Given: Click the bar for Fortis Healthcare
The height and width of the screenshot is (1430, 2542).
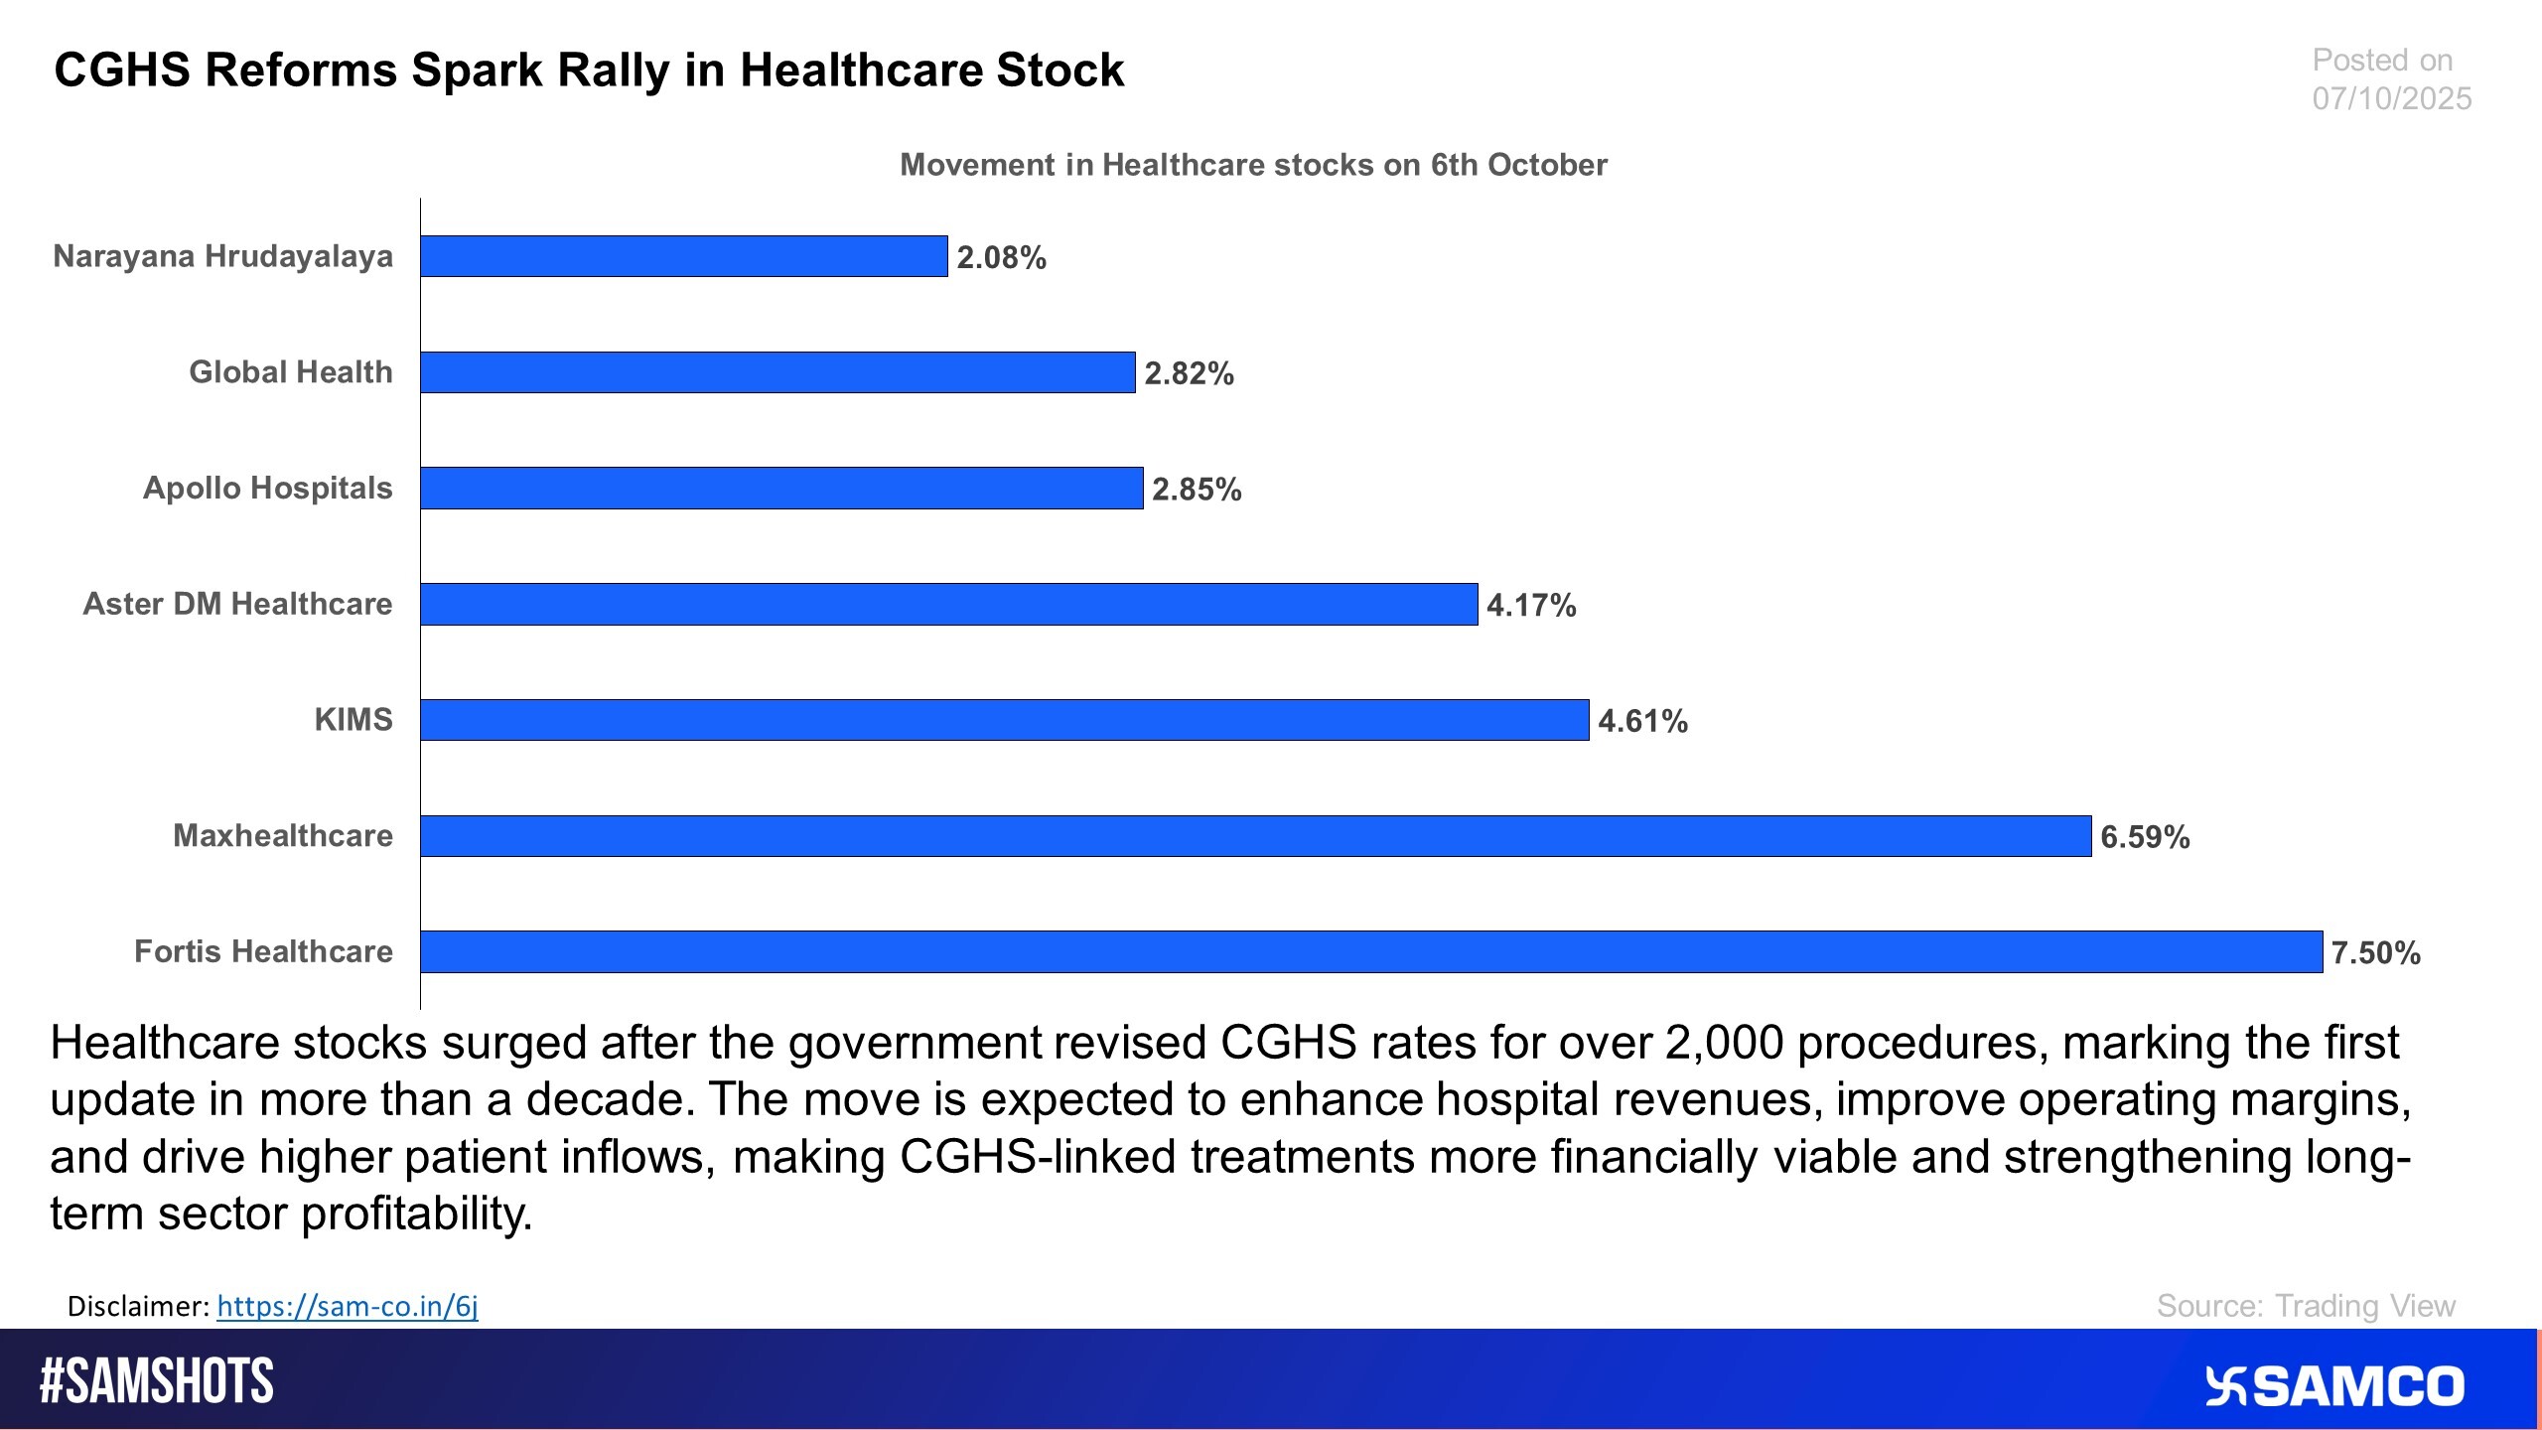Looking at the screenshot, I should tap(1370, 951).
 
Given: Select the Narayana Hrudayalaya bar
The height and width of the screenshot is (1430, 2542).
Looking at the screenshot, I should tap(683, 256).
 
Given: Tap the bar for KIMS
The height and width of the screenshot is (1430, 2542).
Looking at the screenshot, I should tap(1004, 720).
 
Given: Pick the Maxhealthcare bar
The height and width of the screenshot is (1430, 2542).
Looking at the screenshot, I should tap(1255, 836).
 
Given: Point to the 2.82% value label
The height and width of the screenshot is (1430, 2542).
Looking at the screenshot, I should tap(1189, 373).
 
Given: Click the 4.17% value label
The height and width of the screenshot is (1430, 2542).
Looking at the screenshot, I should tap(1531, 605).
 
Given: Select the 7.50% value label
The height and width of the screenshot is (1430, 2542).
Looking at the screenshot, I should tap(2375, 953).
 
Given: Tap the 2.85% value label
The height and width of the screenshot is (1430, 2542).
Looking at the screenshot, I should tap(1197, 490).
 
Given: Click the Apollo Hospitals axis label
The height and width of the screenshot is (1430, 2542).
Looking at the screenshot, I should tap(267, 489).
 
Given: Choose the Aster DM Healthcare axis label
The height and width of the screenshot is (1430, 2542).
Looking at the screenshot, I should tap(237, 604).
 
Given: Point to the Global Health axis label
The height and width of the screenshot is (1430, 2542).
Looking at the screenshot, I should tap(291, 372).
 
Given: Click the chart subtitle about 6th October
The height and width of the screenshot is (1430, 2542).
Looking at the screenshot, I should tap(1253, 165).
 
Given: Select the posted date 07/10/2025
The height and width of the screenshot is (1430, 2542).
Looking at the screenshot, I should tap(2391, 98).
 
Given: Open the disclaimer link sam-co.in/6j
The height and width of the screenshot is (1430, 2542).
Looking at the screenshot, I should tap(347, 1306).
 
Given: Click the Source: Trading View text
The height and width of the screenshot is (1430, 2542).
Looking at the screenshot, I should tap(2305, 1306).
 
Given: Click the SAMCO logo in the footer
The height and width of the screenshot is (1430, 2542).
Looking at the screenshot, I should tap(2334, 1386).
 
